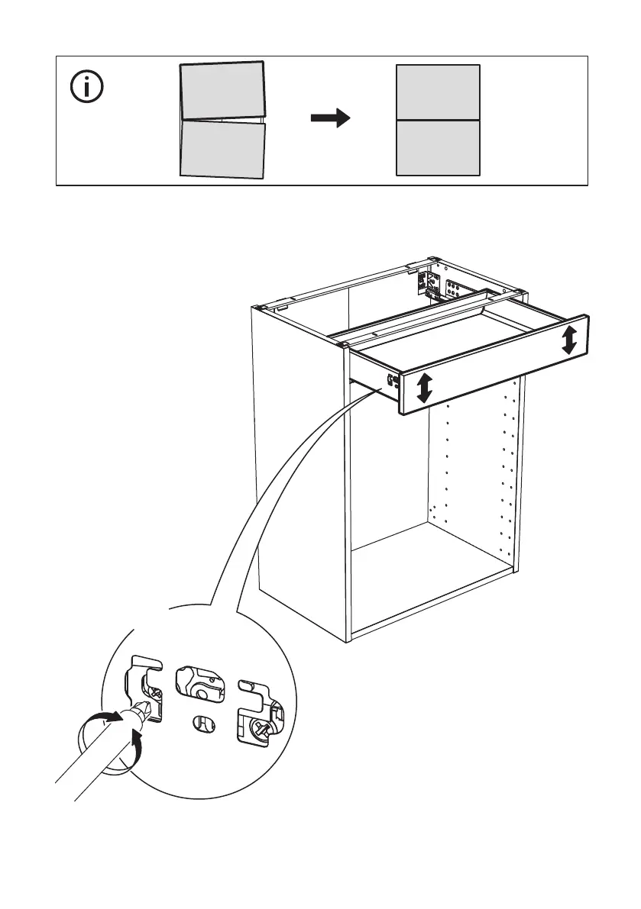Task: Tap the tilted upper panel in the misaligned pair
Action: (222, 92)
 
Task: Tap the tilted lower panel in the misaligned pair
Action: (222, 150)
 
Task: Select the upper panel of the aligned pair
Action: (438, 92)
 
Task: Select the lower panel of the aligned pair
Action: (438, 148)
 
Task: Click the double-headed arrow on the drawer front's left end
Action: (425, 388)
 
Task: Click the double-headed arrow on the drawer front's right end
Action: (569, 340)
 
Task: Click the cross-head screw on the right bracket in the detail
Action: (262, 728)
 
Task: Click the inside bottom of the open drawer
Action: (458, 336)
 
